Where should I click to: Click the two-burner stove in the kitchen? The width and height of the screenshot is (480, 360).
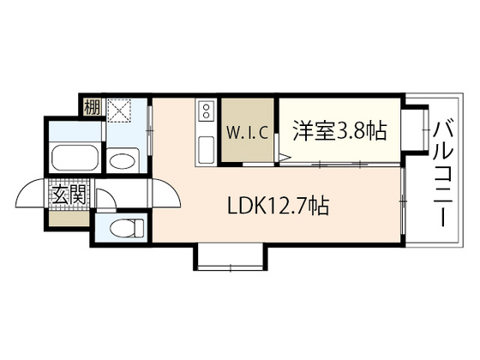click(206, 113)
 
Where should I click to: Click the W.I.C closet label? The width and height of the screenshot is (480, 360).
click(248, 133)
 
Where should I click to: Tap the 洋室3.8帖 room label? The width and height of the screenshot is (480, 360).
click(340, 131)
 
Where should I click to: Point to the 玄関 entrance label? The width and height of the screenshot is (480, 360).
click(69, 195)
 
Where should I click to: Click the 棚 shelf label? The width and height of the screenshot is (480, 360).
click(91, 108)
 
